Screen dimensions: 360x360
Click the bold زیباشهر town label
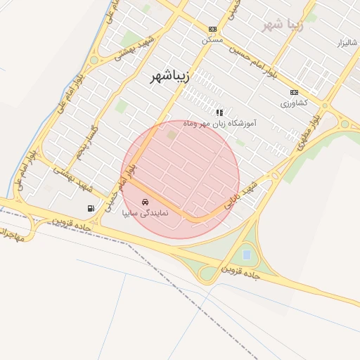point(169,77)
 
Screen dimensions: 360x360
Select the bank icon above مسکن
point(212,29)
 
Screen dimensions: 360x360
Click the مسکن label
point(212,39)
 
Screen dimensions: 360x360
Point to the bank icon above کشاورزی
point(294,92)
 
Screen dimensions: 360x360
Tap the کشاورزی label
point(294,103)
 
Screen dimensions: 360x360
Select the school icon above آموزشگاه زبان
point(219,112)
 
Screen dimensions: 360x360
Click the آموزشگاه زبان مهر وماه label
point(219,123)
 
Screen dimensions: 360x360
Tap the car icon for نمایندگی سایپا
point(145,202)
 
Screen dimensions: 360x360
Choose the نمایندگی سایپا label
point(145,212)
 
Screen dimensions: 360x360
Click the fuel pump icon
point(91,208)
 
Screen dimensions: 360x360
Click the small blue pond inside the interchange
point(246,254)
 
